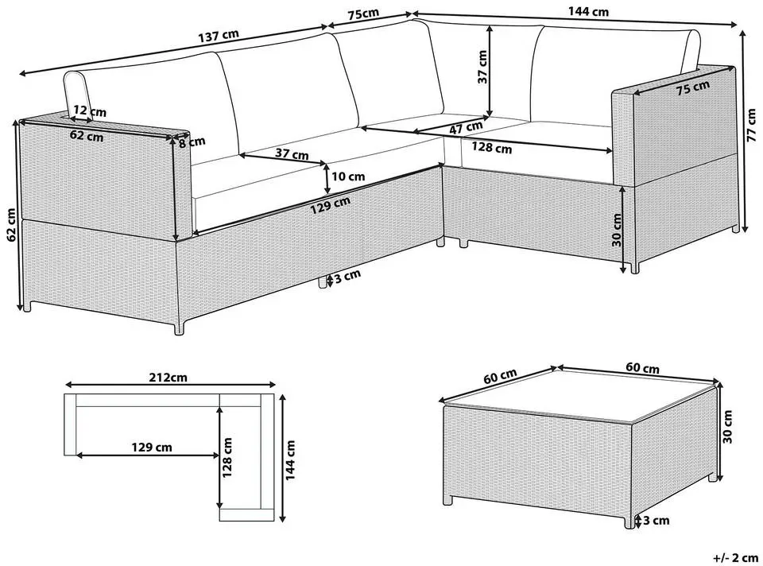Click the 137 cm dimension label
(219, 36)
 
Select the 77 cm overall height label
(753, 124)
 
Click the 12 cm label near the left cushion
(90, 110)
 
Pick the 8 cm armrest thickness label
(192, 142)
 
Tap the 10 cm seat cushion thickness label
(348, 176)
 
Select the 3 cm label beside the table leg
(656, 520)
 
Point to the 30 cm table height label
(727, 426)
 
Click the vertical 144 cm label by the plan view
(291, 460)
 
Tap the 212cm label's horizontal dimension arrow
(170, 384)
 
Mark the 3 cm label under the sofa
(347, 276)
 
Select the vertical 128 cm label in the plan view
(227, 457)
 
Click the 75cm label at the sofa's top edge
(363, 14)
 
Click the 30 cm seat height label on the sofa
(618, 230)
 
